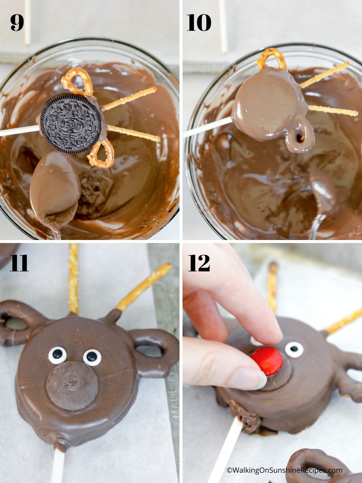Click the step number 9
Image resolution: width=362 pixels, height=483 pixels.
[x=17, y=23]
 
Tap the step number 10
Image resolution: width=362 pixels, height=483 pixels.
[x=199, y=23]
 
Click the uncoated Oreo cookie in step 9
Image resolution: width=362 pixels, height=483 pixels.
[x=71, y=123]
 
